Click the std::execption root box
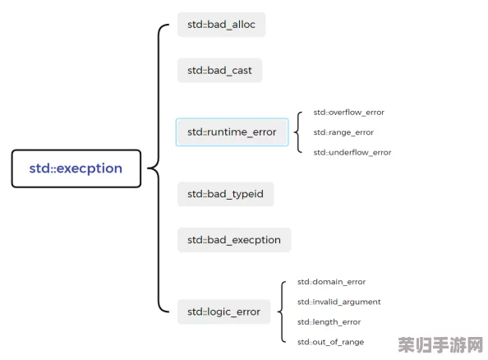[x=76, y=168]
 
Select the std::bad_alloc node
[x=221, y=25]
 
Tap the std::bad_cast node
[x=219, y=71]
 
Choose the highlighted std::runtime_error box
[x=232, y=132]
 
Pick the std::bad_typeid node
[x=225, y=194]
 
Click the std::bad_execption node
[x=234, y=240]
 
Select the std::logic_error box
[x=223, y=312]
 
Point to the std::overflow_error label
[x=349, y=113]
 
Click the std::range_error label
[x=343, y=132]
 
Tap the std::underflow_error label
[x=352, y=152]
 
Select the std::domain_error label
[x=331, y=282]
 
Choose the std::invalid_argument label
[x=339, y=302]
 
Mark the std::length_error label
[x=329, y=322]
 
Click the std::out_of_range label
[x=330, y=342]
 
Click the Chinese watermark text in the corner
[x=440, y=344]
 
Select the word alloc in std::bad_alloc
[x=244, y=25]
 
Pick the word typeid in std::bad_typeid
[x=248, y=194]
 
